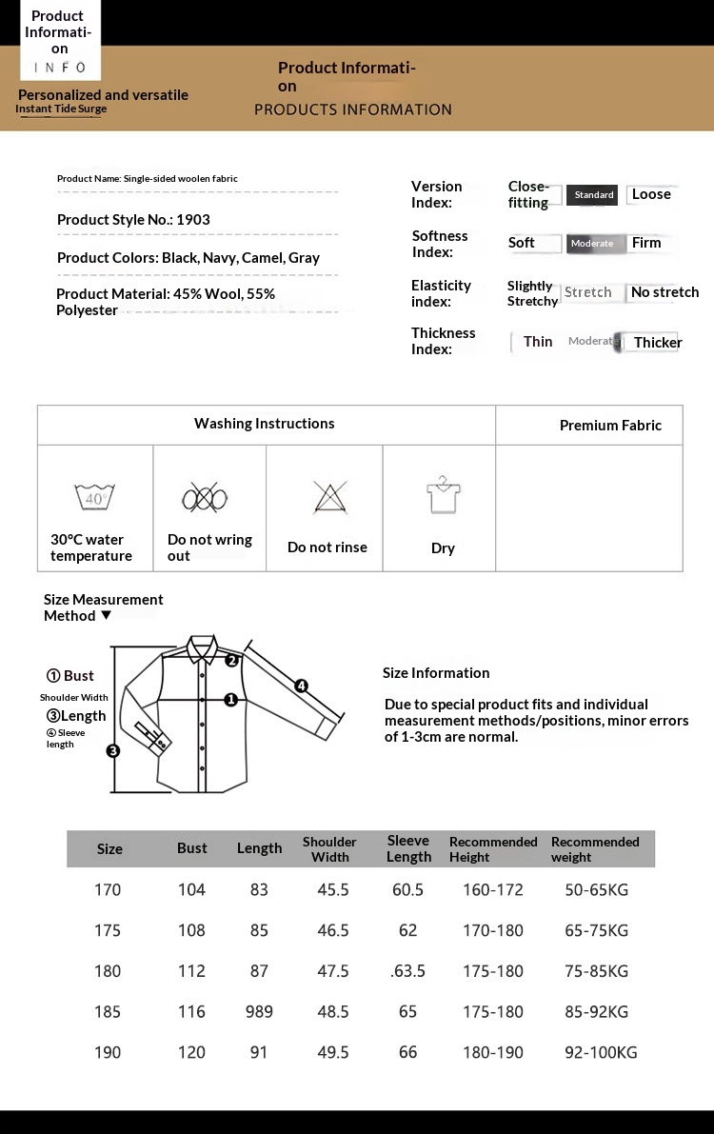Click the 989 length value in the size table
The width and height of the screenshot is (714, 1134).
pos(259,1012)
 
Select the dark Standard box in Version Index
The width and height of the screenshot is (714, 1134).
pos(593,195)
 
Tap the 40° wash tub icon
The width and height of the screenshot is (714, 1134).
pos(95,496)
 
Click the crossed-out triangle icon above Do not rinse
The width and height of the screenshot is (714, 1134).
pos(328,497)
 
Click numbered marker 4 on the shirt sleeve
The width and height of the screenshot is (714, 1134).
pos(301,686)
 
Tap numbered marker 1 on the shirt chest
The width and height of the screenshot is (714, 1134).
pos(230,699)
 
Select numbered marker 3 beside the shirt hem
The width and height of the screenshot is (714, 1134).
pos(113,750)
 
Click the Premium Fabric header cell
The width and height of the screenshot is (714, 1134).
pos(610,426)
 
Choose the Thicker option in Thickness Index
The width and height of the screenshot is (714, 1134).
pos(657,343)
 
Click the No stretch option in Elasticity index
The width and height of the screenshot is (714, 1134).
pos(664,292)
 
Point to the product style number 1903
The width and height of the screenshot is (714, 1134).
pos(193,220)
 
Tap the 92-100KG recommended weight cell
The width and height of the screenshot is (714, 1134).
pos(601,1052)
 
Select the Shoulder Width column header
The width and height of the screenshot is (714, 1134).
pos(329,849)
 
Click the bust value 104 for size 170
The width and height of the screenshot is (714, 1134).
pos(191,890)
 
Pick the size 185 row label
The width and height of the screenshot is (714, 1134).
pos(108,1012)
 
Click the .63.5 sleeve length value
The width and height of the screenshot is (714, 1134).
pos(407,971)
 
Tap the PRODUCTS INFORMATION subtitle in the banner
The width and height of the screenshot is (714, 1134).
pos(353,109)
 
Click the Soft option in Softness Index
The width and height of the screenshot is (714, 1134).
pos(522,243)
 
